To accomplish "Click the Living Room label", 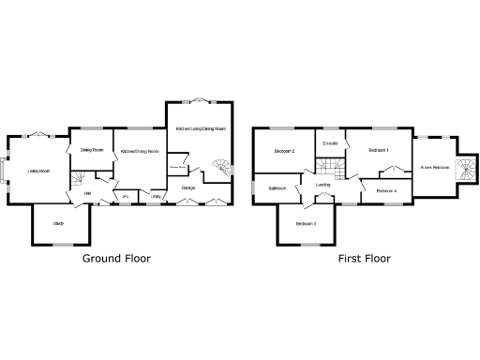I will tap(38, 171).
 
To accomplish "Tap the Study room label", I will tap(59, 223).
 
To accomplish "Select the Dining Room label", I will tap(91, 150).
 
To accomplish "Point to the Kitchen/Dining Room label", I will tap(139, 151).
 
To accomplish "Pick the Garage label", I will tap(188, 188).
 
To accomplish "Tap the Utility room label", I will tap(155, 196).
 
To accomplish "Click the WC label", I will tap(125, 196).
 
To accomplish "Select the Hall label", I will tap(87, 194).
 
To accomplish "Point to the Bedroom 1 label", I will tap(379, 150).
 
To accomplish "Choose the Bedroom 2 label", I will tap(285, 151).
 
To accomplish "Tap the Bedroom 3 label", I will tap(306, 224).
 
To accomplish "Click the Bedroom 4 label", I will tap(386, 191).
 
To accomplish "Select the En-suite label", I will tap(329, 143).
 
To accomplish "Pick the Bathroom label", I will tap(277, 188).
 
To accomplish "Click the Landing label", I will tap(322, 185).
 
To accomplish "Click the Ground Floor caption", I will tap(116, 257).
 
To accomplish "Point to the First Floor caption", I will tap(365, 257).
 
